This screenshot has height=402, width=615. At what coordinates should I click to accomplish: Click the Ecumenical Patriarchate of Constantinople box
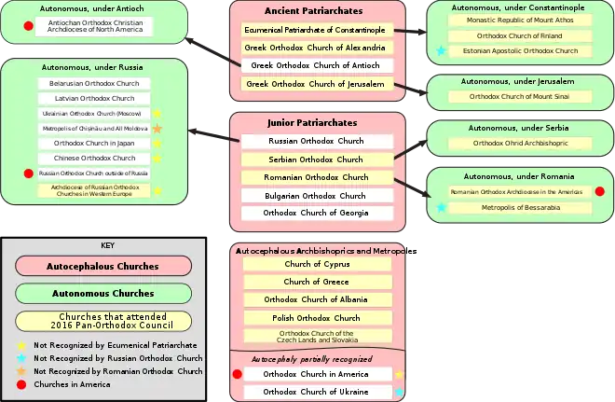click(317, 30)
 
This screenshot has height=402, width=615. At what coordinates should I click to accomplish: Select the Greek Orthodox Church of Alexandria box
click(317, 48)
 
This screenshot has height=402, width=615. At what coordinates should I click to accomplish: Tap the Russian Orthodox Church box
click(317, 142)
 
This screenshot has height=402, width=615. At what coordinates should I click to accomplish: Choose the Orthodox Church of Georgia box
click(317, 214)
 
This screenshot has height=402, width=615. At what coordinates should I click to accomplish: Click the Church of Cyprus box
click(317, 264)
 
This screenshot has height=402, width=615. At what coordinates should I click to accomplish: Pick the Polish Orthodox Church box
click(317, 318)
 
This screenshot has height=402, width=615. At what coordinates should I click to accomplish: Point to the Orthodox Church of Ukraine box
click(317, 392)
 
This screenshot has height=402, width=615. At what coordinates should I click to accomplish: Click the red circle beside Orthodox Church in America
click(237, 374)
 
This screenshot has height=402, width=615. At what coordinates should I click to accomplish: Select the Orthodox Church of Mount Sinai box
click(520, 96)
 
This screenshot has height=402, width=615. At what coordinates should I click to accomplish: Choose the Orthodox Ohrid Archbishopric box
click(520, 144)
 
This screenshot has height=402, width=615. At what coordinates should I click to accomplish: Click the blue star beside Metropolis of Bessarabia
click(441, 206)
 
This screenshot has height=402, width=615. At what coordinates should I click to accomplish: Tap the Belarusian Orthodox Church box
click(93, 84)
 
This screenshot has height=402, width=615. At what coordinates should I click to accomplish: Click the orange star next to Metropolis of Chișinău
click(157, 128)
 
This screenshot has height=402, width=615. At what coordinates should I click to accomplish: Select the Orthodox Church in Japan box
click(93, 144)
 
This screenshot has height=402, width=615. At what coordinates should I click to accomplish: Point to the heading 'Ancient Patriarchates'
click(317, 10)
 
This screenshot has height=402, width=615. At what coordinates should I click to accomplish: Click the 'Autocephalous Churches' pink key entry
click(103, 266)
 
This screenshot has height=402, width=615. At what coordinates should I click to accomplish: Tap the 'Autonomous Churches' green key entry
click(103, 294)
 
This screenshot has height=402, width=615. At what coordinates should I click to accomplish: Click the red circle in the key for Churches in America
click(20, 384)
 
